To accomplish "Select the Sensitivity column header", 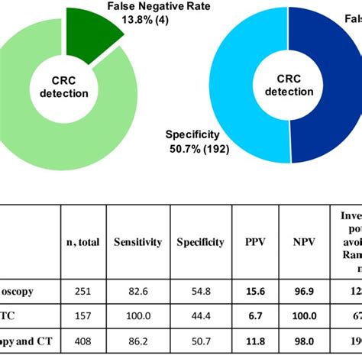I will tap(137, 242).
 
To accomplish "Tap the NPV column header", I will tap(304, 242).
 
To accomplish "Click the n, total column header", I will tap(82, 242).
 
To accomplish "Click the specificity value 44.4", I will tap(201, 315).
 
